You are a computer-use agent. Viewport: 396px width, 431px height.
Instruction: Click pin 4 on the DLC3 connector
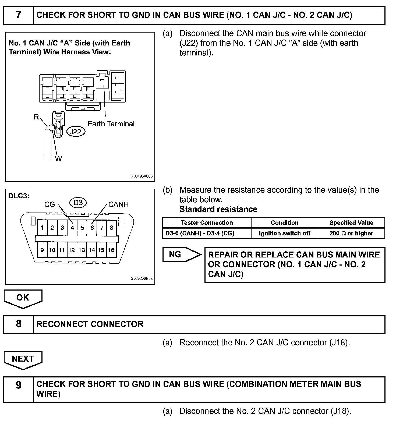[x=72, y=228]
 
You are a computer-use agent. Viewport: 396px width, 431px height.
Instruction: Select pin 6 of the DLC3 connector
[x=92, y=228]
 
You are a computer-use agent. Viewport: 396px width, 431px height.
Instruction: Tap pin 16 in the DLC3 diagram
[x=111, y=250]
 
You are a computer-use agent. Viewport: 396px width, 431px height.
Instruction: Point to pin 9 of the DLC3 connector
[x=42, y=250]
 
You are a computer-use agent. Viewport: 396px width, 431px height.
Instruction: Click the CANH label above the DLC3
[x=118, y=204]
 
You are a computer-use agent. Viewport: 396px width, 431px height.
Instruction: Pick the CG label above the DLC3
[x=49, y=204]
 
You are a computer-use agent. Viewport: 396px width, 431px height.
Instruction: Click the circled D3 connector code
[x=78, y=202]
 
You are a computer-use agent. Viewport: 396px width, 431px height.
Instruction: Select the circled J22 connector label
[x=75, y=132]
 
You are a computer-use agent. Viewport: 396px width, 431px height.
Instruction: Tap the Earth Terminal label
[x=111, y=124]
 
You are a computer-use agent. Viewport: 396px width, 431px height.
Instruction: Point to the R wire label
[x=36, y=117]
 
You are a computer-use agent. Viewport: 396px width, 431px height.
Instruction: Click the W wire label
[x=58, y=159]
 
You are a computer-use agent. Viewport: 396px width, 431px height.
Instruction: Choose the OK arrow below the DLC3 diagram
[x=23, y=298]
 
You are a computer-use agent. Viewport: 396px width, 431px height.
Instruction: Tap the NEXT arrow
[x=23, y=359]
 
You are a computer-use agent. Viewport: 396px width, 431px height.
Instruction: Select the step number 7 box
[x=18, y=15]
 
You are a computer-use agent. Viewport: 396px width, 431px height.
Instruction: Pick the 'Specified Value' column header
[x=351, y=223]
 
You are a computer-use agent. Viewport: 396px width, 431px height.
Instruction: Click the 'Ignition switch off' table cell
[x=284, y=233]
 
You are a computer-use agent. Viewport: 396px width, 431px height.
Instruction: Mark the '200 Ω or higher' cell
[x=351, y=233]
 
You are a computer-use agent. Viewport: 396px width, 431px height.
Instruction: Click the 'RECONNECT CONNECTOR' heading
[x=90, y=324]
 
